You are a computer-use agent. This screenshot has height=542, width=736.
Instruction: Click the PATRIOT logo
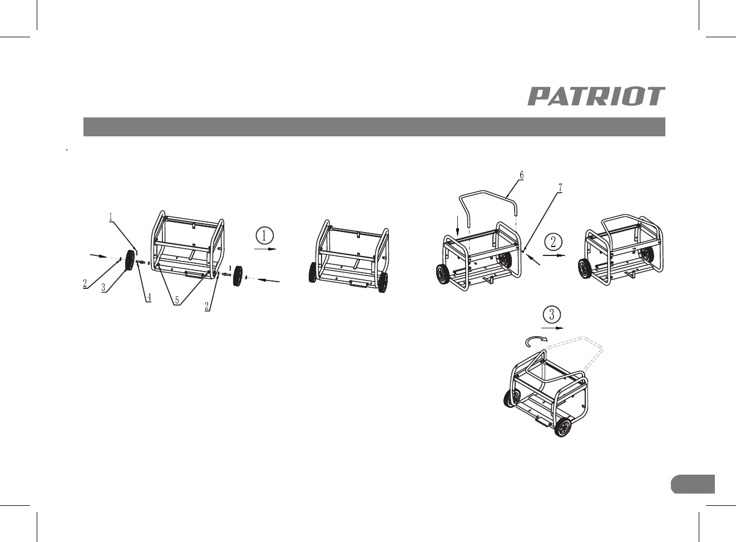[x=596, y=96]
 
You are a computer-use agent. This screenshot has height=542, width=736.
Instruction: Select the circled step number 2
[x=553, y=242]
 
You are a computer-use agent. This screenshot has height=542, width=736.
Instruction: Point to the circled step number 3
[x=551, y=314]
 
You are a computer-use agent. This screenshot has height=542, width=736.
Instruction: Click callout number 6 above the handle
[x=521, y=175]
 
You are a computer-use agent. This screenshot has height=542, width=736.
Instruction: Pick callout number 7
[x=560, y=188]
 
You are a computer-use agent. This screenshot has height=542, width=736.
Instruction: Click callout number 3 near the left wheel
[x=104, y=289]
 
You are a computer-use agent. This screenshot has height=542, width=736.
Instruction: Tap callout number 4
[x=149, y=297]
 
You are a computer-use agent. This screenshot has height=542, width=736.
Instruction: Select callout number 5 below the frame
[x=176, y=300]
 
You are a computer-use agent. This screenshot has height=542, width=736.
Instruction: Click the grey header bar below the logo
[x=374, y=127]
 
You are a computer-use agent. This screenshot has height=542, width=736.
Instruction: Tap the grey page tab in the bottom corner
[x=692, y=484]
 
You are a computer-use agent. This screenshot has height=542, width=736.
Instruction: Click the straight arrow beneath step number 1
[x=265, y=250]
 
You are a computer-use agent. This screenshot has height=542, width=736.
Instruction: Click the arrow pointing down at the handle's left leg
[x=457, y=224]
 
